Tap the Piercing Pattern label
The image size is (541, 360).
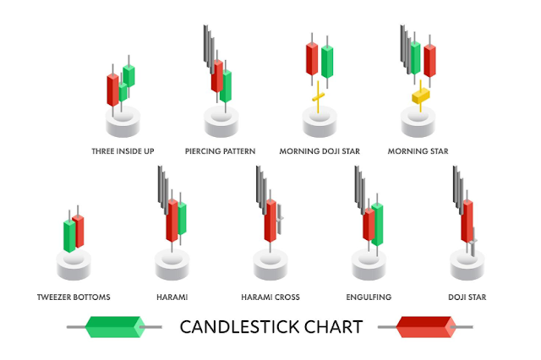221,151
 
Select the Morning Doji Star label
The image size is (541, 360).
320,151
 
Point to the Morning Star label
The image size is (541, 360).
418,151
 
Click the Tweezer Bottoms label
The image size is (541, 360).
74,297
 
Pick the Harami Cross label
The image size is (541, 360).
270,297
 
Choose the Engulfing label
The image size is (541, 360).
369,297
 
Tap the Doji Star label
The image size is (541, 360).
467,297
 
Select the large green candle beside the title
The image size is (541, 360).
112,326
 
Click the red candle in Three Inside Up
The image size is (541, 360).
112,89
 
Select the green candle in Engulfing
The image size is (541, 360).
377,224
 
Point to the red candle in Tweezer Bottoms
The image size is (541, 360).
79,230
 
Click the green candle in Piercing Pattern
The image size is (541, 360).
227,85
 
